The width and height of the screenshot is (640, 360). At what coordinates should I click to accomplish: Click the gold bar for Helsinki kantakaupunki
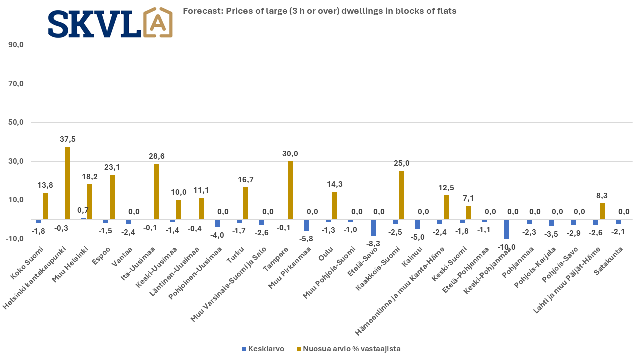click(x=68, y=183)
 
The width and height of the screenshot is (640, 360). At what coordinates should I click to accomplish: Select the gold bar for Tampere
click(x=290, y=190)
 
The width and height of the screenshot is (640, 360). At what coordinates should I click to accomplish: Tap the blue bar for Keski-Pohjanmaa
click(x=507, y=229)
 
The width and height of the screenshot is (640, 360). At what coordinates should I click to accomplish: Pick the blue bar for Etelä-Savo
click(x=373, y=228)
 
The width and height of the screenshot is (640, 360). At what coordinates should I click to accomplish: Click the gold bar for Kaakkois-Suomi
click(x=402, y=195)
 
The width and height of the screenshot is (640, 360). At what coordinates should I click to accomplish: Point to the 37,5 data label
click(x=67, y=139)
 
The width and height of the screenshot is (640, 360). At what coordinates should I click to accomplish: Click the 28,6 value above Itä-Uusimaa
click(x=157, y=156)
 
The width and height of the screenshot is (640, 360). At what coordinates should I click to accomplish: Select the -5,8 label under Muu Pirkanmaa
click(x=306, y=239)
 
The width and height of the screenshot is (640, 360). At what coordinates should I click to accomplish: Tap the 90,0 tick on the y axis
click(x=17, y=45)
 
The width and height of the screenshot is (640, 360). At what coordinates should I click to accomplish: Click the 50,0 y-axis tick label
click(x=17, y=123)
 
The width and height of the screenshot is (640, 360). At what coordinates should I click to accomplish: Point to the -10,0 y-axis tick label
click(x=16, y=239)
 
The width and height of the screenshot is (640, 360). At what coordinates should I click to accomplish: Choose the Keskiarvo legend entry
click(x=262, y=349)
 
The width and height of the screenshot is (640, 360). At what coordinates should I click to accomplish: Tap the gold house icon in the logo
click(x=158, y=23)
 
